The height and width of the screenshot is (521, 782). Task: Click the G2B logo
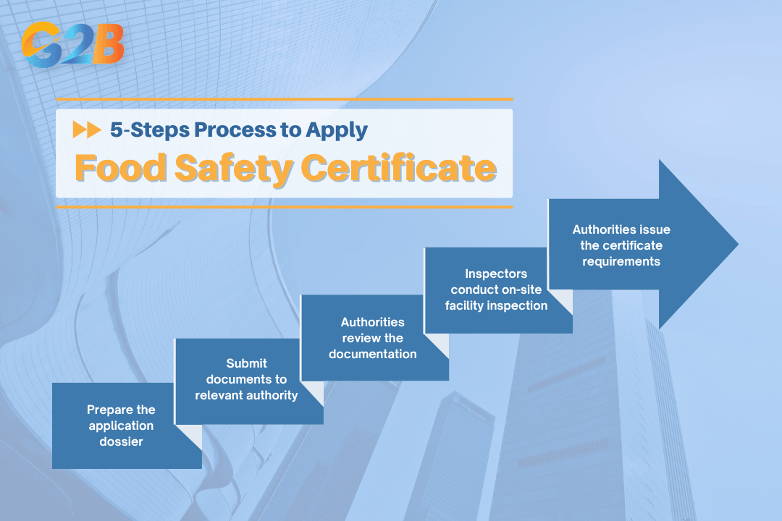(72, 46)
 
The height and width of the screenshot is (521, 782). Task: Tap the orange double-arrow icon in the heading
(87, 130)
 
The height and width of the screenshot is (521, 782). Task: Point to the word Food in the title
(116, 168)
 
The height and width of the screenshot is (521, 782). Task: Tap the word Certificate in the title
(398, 168)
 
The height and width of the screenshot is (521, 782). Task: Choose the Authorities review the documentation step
(372, 338)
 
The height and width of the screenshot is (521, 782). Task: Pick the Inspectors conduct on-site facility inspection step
(498, 289)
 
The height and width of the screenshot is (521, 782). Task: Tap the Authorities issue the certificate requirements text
(621, 245)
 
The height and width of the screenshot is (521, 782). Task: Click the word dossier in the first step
(121, 441)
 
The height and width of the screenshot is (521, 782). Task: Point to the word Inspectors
(496, 274)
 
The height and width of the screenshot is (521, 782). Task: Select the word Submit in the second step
(246, 363)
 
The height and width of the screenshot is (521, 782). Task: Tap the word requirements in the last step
(621, 261)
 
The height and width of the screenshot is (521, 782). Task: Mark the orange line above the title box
(284, 99)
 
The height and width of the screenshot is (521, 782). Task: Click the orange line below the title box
(284, 207)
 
